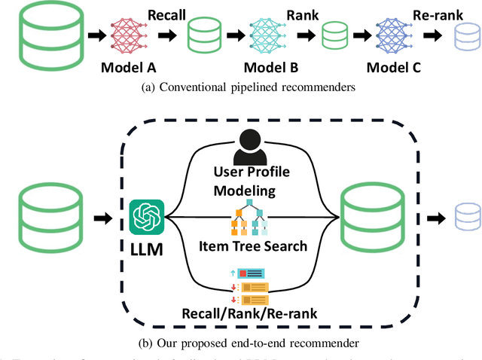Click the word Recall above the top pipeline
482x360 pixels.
pyautogui.click(x=166, y=14)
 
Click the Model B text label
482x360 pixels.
pyautogui.click(x=260, y=67)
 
